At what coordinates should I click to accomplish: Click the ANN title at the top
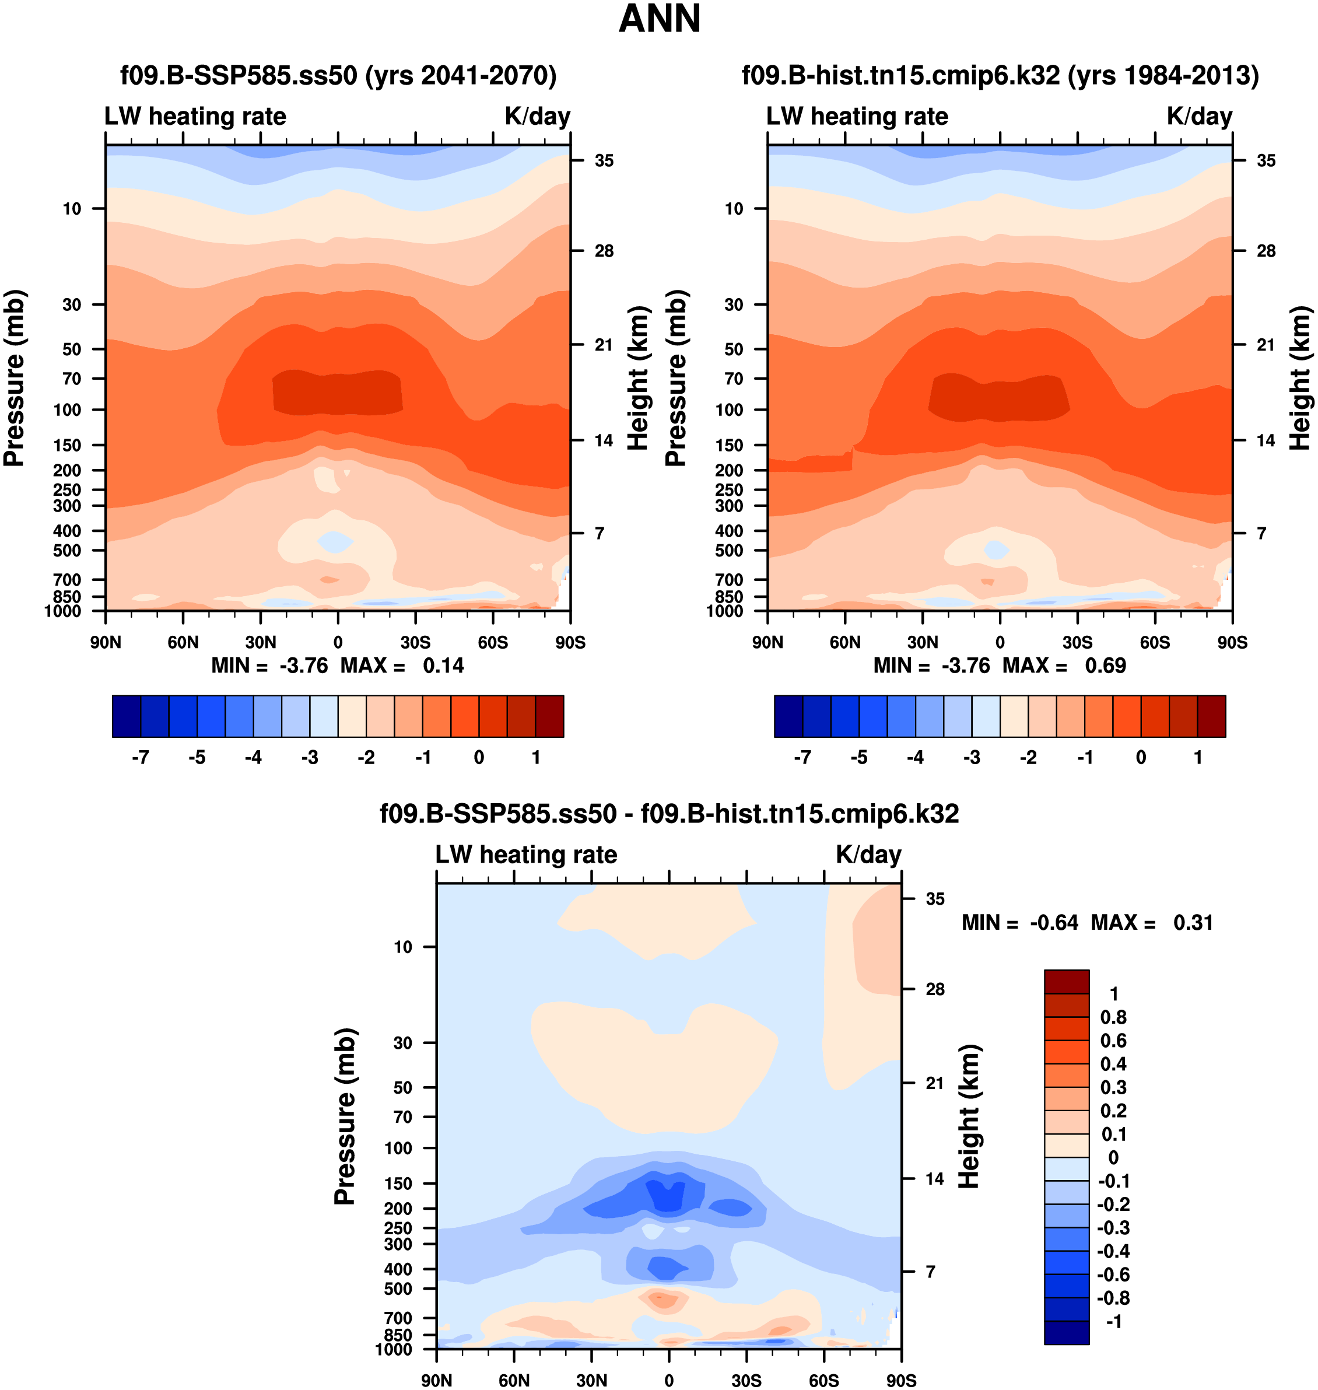(x=659, y=19)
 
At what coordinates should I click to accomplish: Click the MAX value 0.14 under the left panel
(x=443, y=666)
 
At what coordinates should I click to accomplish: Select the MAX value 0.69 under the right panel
(x=1105, y=666)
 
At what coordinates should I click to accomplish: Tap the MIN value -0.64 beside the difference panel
(x=1054, y=923)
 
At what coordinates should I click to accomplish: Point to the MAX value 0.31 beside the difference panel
(x=1193, y=923)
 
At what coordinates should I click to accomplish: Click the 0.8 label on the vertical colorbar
(x=1113, y=1017)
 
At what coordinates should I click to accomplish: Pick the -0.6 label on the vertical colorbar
(x=1113, y=1275)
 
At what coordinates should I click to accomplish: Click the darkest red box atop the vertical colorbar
(x=1067, y=982)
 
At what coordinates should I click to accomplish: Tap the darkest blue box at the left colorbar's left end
(x=127, y=716)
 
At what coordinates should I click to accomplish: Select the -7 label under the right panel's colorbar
(x=802, y=758)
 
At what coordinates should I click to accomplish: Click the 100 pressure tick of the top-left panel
(x=68, y=409)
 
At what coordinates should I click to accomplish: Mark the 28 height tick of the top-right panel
(x=1266, y=251)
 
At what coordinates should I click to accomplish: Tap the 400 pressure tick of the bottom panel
(x=398, y=1270)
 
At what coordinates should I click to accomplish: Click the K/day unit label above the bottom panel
(x=868, y=855)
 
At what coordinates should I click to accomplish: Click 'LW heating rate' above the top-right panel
(x=857, y=117)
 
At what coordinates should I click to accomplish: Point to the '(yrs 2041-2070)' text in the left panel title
(x=461, y=75)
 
